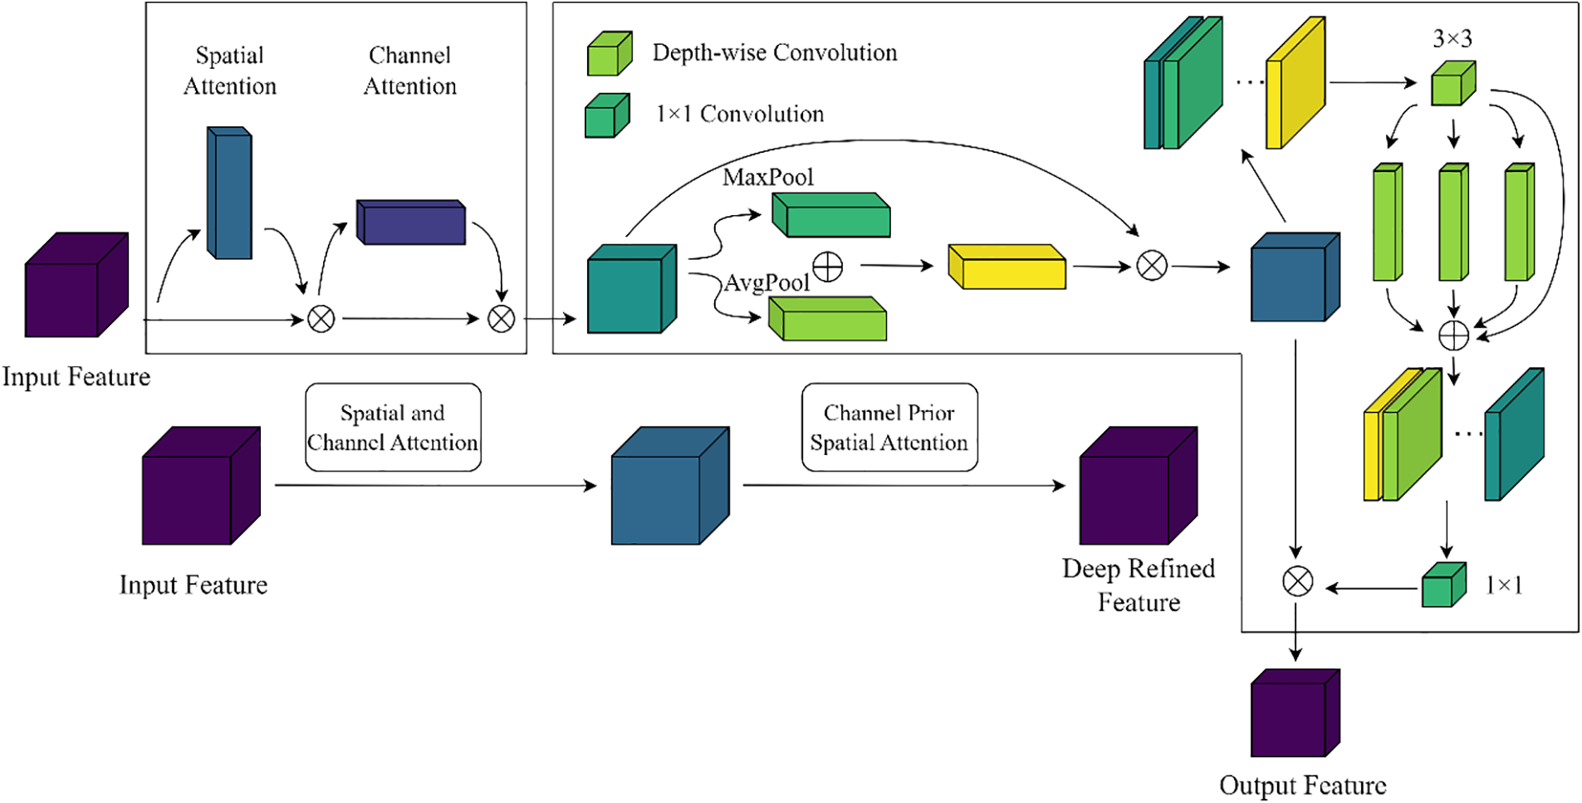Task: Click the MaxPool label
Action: [x=767, y=177]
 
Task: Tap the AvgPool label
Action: [x=767, y=283]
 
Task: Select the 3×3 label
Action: [x=1452, y=38]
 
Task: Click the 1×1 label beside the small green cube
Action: [x=1504, y=585]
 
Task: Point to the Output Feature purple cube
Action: [x=1295, y=713]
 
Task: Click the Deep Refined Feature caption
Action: [x=1139, y=585]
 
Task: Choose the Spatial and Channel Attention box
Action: [x=393, y=428]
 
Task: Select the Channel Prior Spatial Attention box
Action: [x=889, y=428]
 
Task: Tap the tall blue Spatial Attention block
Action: [x=229, y=193]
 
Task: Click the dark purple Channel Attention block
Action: [x=411, y=223]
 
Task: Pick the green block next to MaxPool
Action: [x=831, y=216]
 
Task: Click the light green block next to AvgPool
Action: [x=828, y=320]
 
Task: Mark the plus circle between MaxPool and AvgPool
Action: [x=827, y=267]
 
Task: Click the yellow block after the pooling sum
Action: [x=1007, y=267]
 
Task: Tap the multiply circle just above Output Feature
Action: [x=1297, y=581]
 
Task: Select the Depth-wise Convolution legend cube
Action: [x=610, y=54]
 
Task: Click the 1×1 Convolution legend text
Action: [x=740, y=114]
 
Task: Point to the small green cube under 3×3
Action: [x=1452, y=84]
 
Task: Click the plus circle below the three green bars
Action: [x=1453, y=335]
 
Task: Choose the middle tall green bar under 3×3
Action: [x=1453, y=223]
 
